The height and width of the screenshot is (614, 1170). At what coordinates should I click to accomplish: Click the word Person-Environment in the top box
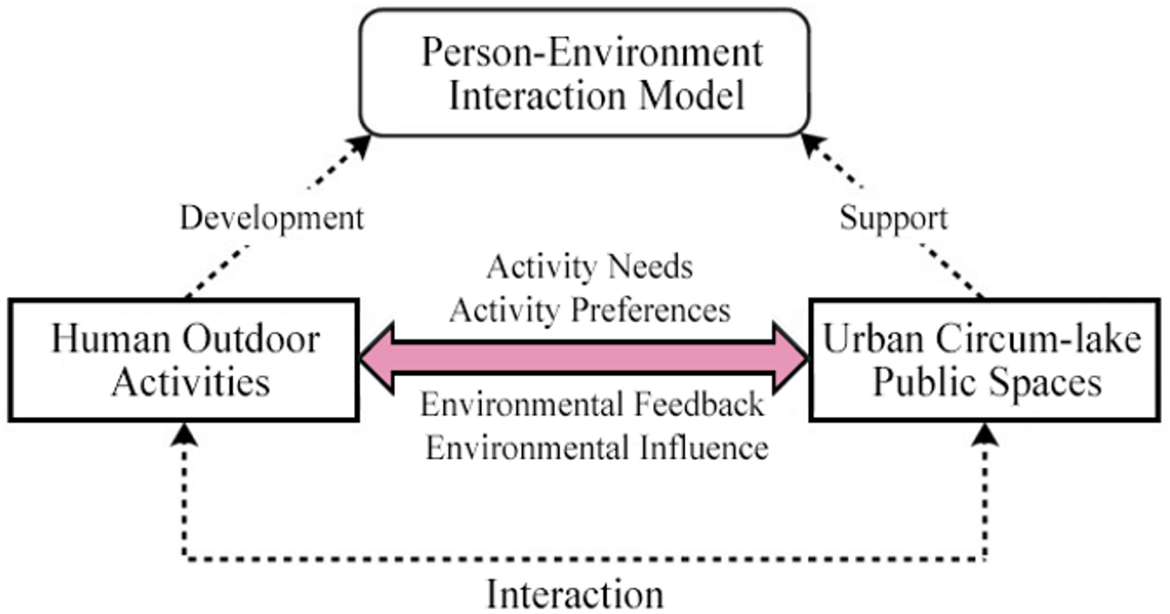point(591,52)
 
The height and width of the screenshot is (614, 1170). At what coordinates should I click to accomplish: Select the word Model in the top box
point(692,96)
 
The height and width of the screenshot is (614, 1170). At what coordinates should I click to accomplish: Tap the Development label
point(272,218)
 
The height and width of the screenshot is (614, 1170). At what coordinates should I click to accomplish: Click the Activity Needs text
point(590,267)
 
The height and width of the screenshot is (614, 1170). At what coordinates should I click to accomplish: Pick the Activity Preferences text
point(590,310)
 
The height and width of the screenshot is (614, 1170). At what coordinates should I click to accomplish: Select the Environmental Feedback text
point(592,405)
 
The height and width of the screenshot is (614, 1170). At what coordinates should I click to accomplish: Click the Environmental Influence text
point(597,448)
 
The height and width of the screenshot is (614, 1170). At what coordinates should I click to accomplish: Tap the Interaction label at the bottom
point(575,594)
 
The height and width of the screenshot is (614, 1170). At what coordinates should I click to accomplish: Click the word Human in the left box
point(110,338)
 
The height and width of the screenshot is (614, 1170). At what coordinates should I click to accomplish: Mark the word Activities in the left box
point(191,382)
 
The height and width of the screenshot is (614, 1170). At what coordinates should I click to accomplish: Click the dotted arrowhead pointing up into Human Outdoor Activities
point(185,435)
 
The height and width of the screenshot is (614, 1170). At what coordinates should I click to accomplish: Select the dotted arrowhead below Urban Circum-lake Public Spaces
point(985,435)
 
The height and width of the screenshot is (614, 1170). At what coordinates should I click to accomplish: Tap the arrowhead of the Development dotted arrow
point(360,144)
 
